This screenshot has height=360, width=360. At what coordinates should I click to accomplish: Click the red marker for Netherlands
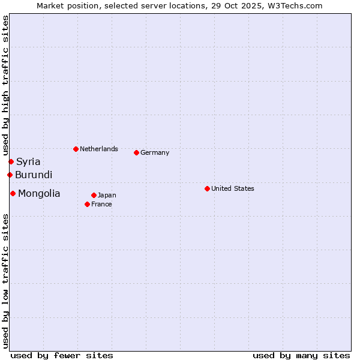[x=76, y=149]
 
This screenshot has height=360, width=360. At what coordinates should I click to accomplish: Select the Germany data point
[x=136, y=152]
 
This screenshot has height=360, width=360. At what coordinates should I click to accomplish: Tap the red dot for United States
[x=207, y=188]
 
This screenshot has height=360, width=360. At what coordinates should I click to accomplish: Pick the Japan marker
[x=94, y=195]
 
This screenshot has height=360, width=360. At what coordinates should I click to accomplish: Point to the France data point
[x=87, y=204]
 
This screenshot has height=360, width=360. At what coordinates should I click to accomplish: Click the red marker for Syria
[x=11, y=161]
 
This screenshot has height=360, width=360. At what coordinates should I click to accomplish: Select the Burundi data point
[x=10, y=175]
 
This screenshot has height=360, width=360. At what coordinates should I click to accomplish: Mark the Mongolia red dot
[x=13, y=193]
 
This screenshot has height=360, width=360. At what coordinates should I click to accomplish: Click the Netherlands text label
[x=99, y=149]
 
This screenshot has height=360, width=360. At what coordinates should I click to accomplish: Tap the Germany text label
[x=155, y=152]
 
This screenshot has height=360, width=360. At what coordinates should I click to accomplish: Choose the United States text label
[x=233, y=188]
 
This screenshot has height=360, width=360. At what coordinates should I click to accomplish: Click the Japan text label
[x=107, y=195]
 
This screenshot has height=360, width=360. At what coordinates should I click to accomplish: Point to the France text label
[x=101, y=204]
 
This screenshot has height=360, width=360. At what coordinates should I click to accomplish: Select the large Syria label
[x=28, y=161]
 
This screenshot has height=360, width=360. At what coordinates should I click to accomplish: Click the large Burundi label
[x=34, y=175]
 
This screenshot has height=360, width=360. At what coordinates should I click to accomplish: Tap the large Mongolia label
[x=39, y=193]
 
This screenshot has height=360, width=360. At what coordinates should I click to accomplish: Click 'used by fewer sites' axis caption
[x=62, y=355]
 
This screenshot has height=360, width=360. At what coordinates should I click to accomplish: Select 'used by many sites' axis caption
[x=301, y=355]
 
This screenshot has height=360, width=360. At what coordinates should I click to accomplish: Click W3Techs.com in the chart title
[x=293, y=5]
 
